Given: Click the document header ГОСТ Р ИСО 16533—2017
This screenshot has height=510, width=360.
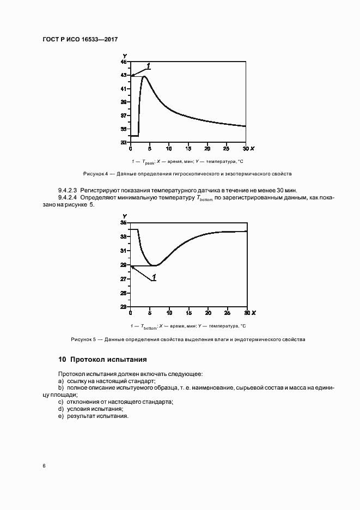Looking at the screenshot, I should tap(80, 40).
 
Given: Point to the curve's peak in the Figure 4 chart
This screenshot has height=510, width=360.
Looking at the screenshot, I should tap(144, 77).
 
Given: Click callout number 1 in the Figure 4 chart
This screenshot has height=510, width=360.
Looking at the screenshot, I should tap(148, 66).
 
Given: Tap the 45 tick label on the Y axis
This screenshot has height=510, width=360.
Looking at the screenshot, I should tap(124, 62).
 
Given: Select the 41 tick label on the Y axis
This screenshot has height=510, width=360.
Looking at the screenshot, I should tap(124, 89).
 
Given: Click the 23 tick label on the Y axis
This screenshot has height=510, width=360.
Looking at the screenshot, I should tap(124, 307).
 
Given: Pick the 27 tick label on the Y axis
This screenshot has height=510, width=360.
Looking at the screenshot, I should tap(124, 279).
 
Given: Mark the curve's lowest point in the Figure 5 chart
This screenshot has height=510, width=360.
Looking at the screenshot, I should tap(155, 265).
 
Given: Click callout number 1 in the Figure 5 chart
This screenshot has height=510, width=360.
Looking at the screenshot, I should tap(154, 278).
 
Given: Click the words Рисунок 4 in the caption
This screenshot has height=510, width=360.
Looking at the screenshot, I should tap(95, 174).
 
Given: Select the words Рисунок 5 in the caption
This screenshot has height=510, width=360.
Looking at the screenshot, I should tap(83, 339).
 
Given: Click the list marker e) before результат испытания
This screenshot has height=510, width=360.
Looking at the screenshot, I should tap(61, 416).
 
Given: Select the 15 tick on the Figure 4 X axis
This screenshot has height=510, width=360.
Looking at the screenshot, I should tap(188, 148).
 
